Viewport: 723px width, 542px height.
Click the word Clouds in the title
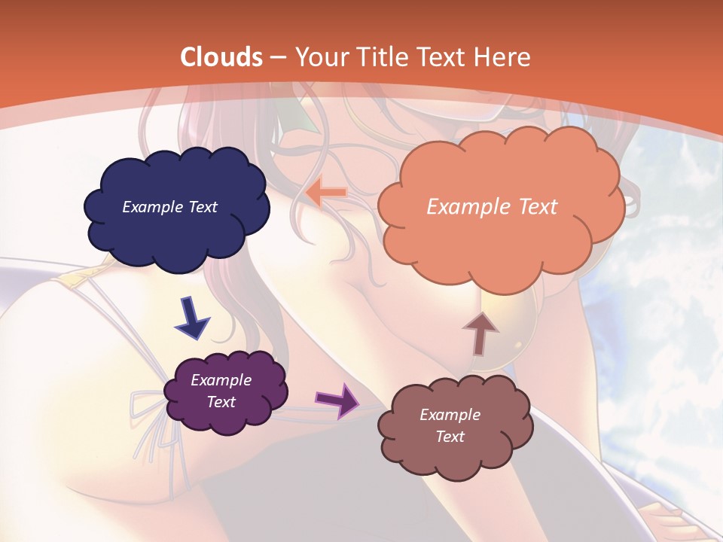coord(221,57)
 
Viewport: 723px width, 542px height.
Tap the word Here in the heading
coord(503,57)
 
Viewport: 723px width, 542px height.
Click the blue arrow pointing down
coord(192,318)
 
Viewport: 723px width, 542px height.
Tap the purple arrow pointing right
coord(339,399)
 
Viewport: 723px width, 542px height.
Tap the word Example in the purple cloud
coord(221,380)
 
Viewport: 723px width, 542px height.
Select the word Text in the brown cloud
coord(450,437)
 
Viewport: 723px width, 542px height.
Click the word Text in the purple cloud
coord(221,402)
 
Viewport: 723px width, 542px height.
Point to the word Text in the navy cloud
coord(203,207)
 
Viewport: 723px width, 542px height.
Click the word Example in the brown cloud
coord(450,415)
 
